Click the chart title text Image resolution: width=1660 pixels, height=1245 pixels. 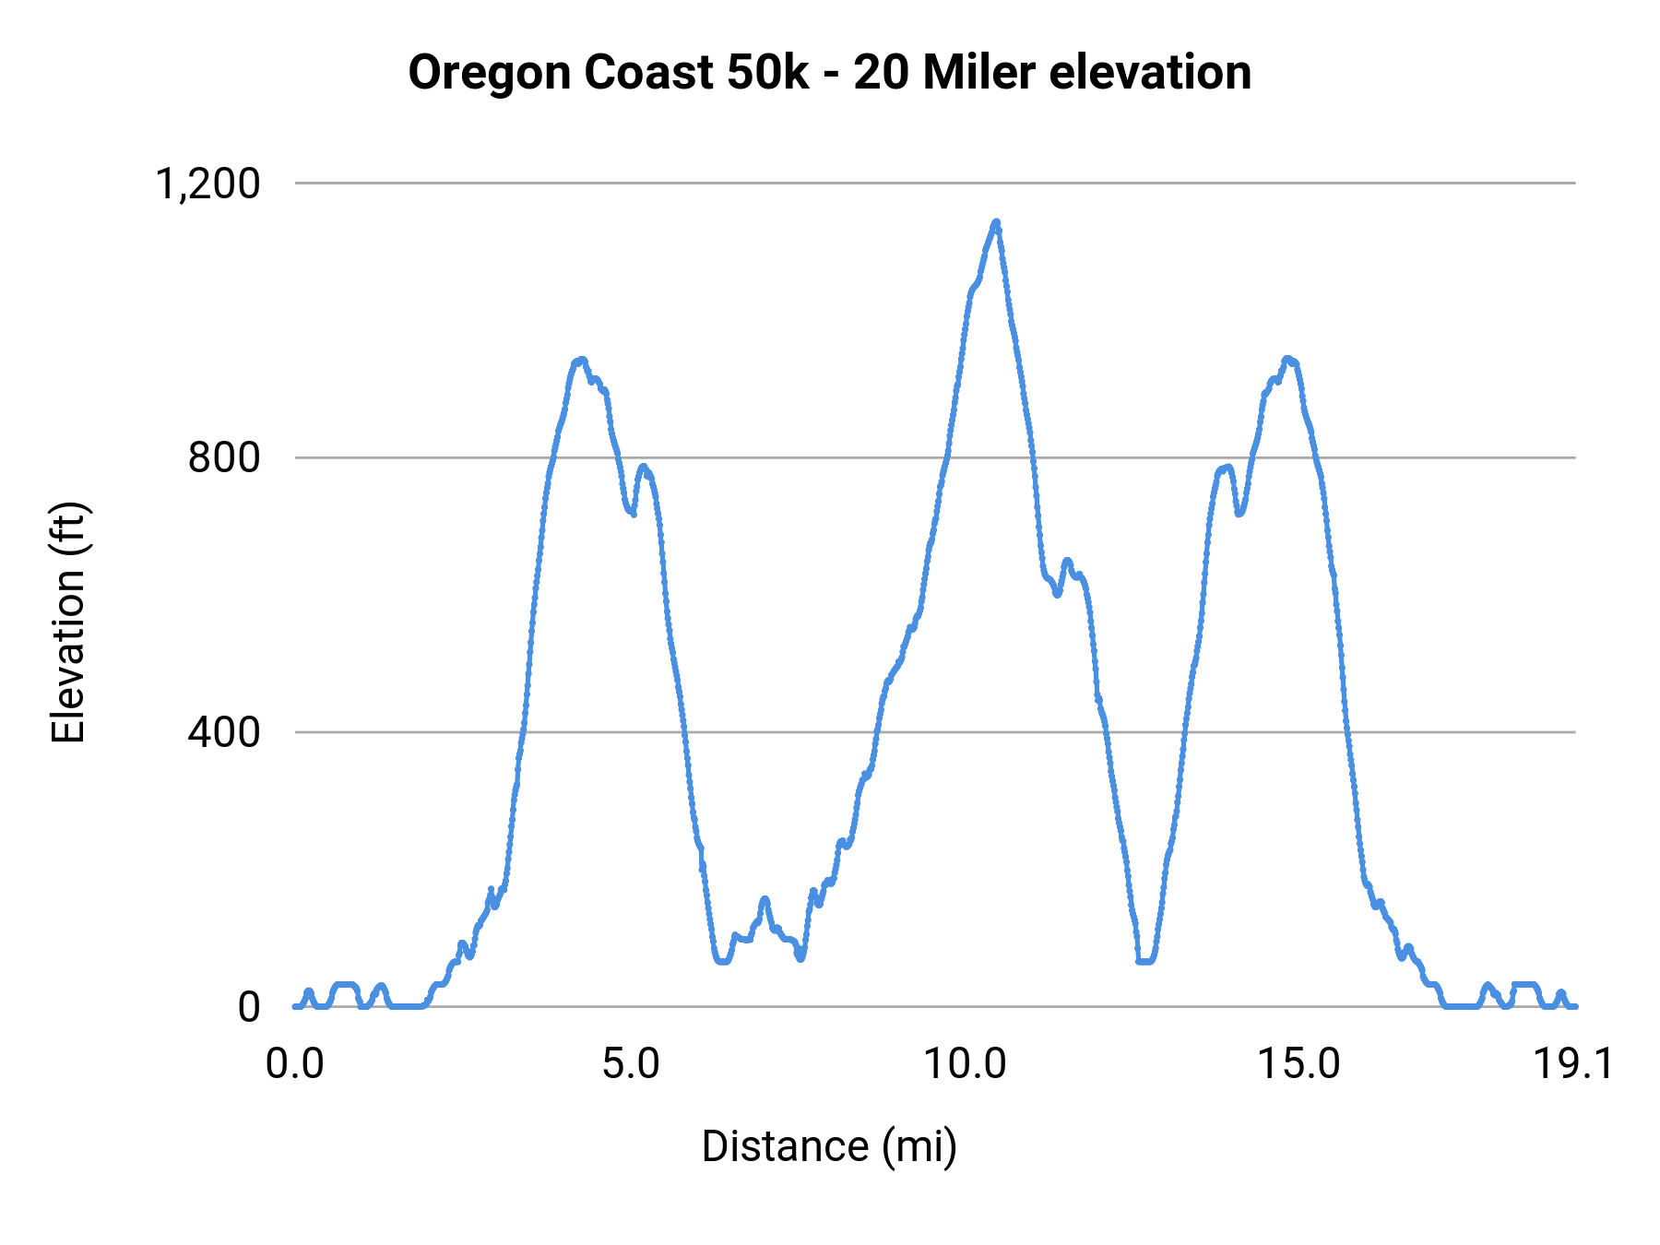coord(829,73)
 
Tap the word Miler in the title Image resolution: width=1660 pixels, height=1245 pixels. coord(980,73)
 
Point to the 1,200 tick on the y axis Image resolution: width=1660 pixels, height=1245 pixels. coord(208,184)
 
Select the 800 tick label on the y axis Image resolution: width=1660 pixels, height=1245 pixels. coord(224,457)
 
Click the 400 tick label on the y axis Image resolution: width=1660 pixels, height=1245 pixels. coord(224,732)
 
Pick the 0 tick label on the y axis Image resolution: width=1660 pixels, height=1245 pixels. coord(249,1007)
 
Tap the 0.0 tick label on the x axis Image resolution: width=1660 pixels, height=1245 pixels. coord(295,1064)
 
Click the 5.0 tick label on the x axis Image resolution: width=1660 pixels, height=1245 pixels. coord(631,1064)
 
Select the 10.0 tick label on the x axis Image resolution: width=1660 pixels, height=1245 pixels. coord(965,1064)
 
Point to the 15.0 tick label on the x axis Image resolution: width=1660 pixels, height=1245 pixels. coord(1300,1064)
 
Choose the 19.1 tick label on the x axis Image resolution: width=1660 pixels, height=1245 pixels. coord(1573,1064)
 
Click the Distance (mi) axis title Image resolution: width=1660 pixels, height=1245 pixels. coord(829,1146)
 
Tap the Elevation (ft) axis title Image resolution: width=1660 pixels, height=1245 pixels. coord(68,622)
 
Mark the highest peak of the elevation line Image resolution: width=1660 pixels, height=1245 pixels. coord(996,222)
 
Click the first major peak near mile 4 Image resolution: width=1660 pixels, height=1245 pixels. coord(580,361)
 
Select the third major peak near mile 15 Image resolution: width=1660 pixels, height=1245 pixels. coord(1288,359)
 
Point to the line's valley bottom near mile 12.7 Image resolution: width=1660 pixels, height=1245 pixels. coord(1144,961)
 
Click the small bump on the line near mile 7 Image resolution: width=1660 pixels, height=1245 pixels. coord(765,899)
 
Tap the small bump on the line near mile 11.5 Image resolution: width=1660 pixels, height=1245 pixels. coord(1067,561)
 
